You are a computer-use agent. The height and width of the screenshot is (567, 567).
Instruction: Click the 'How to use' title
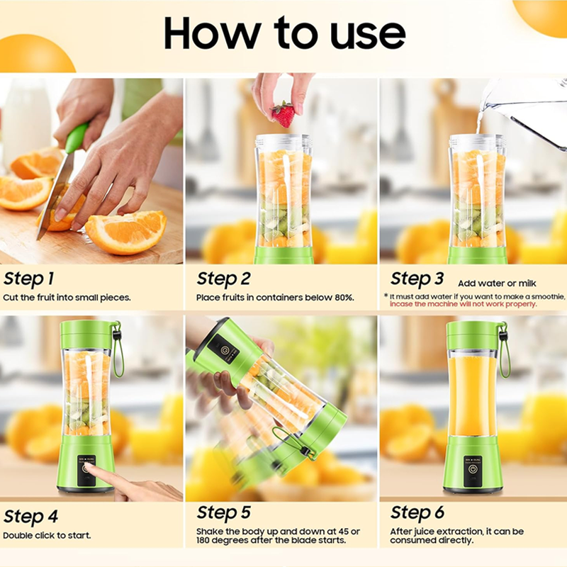(284, 33)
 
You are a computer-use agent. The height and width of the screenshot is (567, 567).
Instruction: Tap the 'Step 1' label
(29, 278)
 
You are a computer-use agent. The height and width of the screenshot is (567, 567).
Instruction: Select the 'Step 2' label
(223, 278)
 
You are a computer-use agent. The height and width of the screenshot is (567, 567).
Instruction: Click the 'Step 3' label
(417, 278)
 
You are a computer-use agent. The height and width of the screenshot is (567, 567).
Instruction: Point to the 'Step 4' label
(30, 515)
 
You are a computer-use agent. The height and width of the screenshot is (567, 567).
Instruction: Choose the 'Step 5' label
(223, 512)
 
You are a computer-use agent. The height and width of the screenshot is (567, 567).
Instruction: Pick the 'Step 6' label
(417, 512)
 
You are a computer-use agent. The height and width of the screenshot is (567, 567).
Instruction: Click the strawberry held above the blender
(283, 113)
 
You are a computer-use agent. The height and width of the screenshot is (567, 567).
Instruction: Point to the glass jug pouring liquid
(528, 113)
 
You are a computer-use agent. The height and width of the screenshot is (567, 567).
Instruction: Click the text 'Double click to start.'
(47, 535)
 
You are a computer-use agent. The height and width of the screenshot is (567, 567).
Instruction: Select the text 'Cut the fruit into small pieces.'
(67, 298)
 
